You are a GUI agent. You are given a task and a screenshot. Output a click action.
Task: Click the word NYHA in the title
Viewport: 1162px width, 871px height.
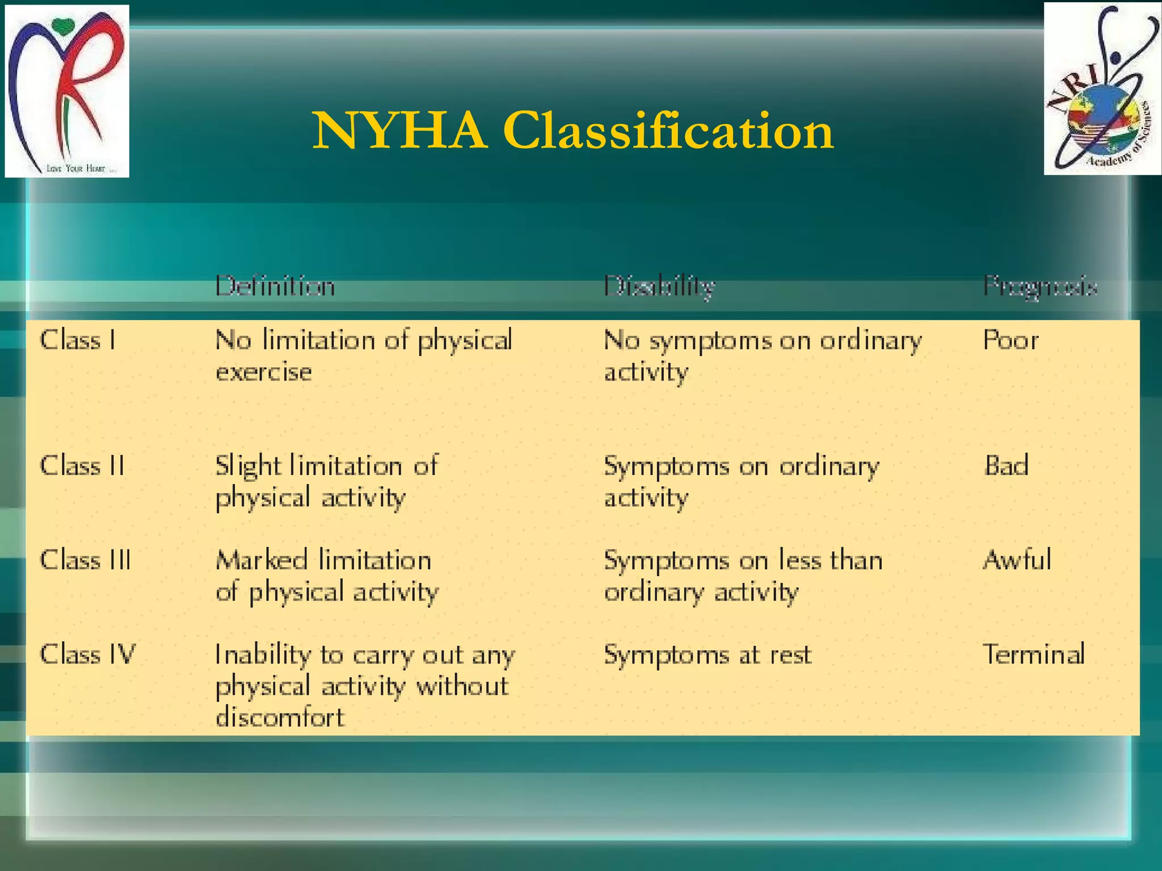click(400, 131)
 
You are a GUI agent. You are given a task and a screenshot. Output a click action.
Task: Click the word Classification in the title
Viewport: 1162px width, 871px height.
click(668, 131)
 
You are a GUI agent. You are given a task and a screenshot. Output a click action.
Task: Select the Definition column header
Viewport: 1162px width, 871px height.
click(275, 286)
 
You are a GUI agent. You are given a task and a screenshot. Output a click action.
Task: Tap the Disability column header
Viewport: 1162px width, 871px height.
click(659, 286)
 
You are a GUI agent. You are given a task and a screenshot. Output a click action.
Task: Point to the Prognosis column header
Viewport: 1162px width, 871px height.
click(1040, 286)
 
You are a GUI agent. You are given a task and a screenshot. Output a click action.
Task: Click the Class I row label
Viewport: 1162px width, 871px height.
click(78, 340)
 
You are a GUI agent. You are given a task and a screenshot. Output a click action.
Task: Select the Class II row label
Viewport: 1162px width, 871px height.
click(82, 466)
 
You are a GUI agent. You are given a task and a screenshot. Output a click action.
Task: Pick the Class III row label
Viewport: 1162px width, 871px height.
click(85, 560)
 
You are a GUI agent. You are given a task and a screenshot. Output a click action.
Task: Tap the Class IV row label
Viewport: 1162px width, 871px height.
click(88, 654)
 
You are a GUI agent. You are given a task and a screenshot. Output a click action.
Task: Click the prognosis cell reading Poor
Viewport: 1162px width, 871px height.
click(1011, 340)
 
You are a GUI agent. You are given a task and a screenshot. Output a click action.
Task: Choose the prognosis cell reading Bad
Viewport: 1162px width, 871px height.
click(1006, 466)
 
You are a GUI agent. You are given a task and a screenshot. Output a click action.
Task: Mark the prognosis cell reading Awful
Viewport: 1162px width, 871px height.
click(1017, 560)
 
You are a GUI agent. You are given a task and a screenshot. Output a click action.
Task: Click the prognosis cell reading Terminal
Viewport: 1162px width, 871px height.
click(1034, 654)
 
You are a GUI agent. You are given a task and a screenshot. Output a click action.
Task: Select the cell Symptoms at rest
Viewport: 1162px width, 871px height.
click(708, 655)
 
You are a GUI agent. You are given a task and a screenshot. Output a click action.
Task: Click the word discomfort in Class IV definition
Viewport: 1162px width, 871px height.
click(280, 717)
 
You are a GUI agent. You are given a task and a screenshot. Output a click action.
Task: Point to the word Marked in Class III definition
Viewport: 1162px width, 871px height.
click(262, 560)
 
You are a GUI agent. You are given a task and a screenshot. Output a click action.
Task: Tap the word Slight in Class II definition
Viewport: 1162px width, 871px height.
click(248, 466)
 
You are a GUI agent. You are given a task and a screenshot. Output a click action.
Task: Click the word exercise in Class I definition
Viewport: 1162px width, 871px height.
click(264, 373)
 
